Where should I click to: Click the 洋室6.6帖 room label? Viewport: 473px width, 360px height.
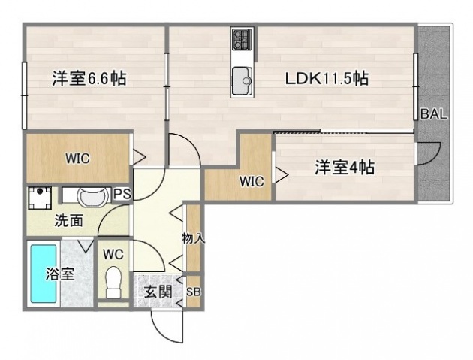89,77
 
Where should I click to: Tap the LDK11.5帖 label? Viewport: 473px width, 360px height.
325,77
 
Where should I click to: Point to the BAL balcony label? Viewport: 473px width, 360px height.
433,114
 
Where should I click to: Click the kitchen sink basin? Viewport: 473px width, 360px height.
242,80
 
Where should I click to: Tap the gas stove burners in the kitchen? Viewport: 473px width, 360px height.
242,38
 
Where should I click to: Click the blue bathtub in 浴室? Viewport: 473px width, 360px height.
42,274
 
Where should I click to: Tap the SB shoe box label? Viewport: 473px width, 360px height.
193,292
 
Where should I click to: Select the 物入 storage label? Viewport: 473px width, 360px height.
193,238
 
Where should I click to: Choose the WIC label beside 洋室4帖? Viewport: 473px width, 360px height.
251,180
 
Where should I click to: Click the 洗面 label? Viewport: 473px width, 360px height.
68,222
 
